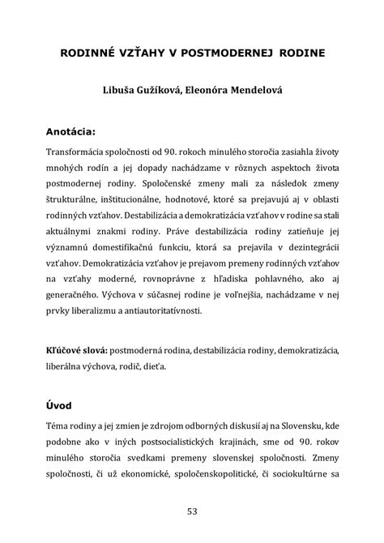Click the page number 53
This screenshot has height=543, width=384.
pos(192,511)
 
